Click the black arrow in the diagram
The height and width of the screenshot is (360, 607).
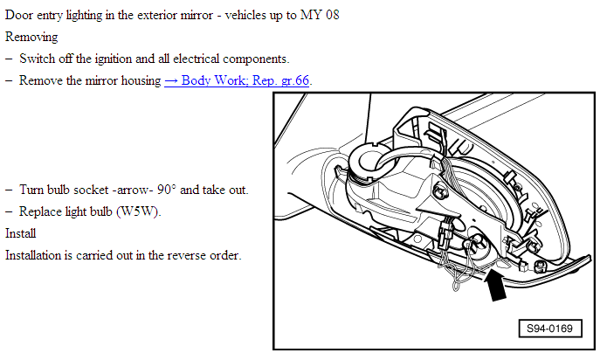494,285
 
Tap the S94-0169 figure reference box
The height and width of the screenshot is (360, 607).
550,329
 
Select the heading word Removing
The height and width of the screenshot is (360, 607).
31,38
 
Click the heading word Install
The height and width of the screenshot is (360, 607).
20,233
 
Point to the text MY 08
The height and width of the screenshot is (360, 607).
320,15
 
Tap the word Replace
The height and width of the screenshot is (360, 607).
36,211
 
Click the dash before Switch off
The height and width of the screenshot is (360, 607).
9,59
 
